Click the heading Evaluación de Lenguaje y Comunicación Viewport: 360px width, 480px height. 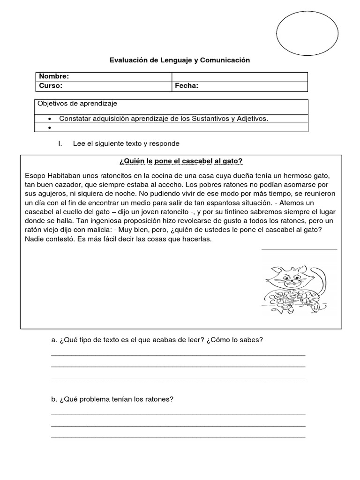click(180, 60)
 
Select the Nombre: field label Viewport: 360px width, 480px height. click(53, 76)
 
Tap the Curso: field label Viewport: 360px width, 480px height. click(51, 86)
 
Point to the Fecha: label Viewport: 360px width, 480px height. click(187, 86)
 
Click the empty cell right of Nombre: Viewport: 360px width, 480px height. click(240, 76)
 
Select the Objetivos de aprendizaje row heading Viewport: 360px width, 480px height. click(77, 103)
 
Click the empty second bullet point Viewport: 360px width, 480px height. click(49, 127)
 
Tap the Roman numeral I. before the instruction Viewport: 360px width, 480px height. click(60, 143)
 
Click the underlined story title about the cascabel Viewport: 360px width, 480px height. click(180, 161)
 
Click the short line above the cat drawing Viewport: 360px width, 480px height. click(299, 250)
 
